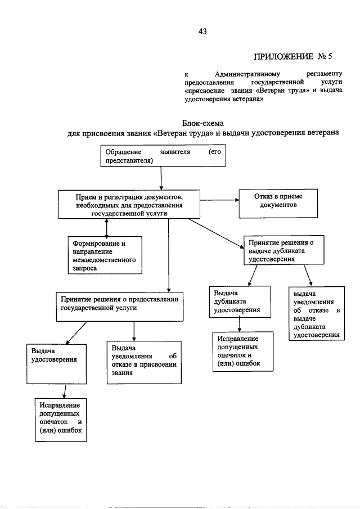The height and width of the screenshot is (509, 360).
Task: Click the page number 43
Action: (202, 31)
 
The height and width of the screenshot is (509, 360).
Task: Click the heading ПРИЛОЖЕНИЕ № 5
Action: (296, 56)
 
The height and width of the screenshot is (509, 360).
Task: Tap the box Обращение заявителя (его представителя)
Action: (163, 156)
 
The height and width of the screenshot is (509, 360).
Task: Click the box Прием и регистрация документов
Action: (129, 204)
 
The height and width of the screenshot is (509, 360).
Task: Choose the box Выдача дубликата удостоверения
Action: (240, 302)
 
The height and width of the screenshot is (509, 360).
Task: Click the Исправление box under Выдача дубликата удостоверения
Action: (243, 351)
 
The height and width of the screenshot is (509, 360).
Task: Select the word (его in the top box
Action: (214, 152)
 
